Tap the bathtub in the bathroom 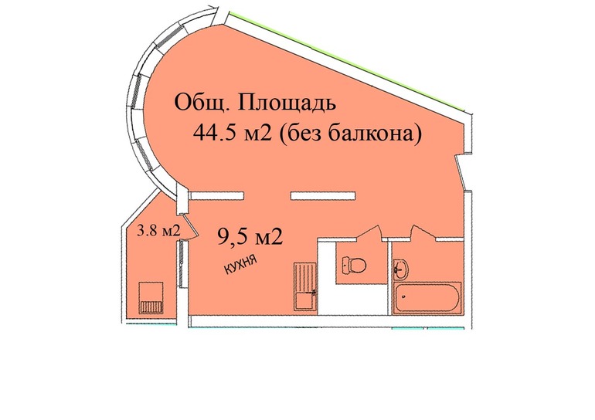427,298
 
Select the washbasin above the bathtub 403,270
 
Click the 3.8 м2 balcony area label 158,229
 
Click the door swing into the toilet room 366,234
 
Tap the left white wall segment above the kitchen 216,194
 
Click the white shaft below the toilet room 352,301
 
